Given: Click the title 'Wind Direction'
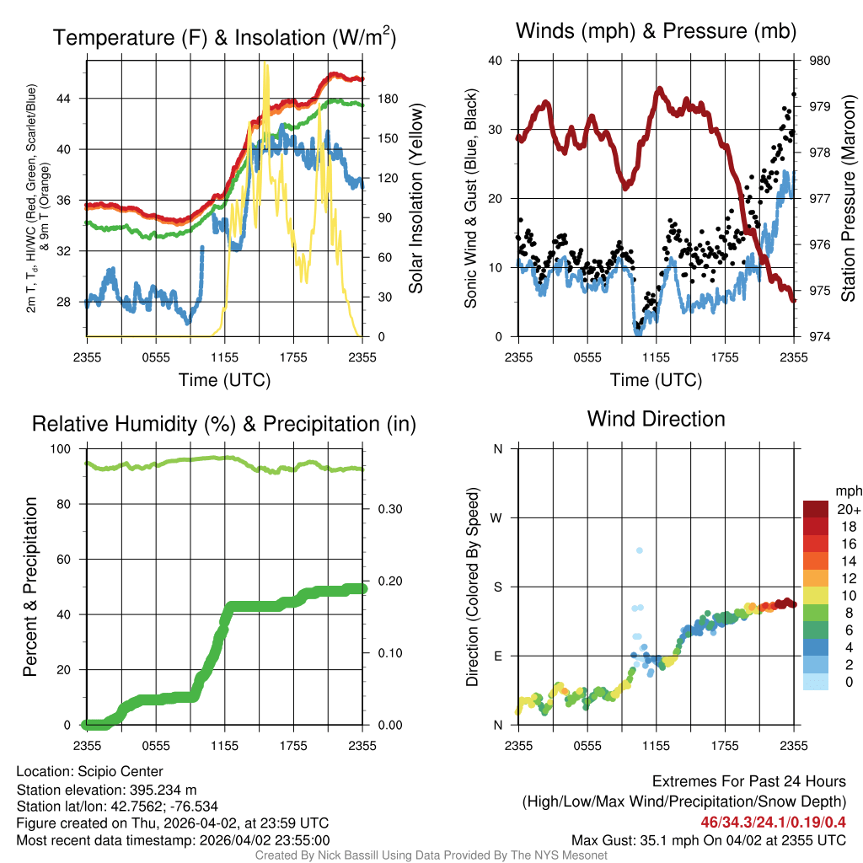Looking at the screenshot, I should (x=656, y=419).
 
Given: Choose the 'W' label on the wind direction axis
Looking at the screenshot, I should (x=497, y=517).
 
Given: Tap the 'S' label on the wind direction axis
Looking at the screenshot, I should (x=497, y=587).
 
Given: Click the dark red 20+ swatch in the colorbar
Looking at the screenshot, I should (x=816, y=509).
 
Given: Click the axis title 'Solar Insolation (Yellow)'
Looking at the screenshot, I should (x=415, y=199).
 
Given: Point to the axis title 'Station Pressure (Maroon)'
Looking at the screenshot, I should (x=848, y=199).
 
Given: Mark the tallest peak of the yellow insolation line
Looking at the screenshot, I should (x=265, y=64).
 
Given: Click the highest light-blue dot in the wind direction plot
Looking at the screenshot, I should (x=640, y=550).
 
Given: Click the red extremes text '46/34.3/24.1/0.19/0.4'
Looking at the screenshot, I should (x=773, y=822).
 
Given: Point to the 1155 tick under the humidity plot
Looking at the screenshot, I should (x=224, y=745).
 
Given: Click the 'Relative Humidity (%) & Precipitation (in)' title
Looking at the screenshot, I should (x=223, y=424).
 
